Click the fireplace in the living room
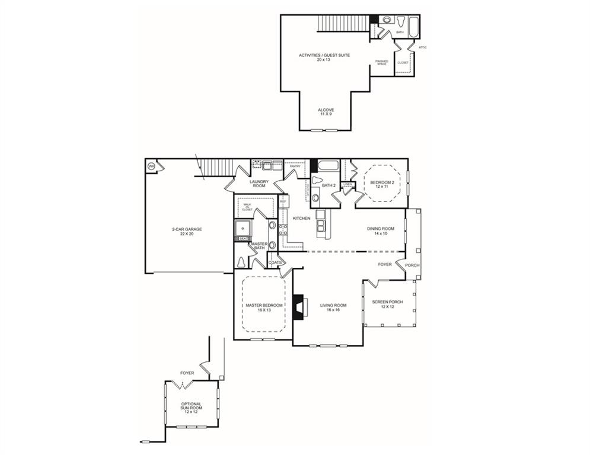coord(299,307)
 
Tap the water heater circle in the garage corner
coord(151,166)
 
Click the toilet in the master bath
coord(242,261)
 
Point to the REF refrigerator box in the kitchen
coord(283,202)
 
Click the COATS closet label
coord(275,262)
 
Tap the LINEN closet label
coord(348,184)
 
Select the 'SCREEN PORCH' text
coord(387,302)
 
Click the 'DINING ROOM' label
coord(380,229)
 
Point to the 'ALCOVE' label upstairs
coord(326,110)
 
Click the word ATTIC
coord(423,47)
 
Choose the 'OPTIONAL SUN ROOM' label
coord(191,406)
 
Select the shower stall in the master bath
coord(243,227)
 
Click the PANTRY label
coord(295,166)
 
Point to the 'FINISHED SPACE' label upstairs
coord(381,62)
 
